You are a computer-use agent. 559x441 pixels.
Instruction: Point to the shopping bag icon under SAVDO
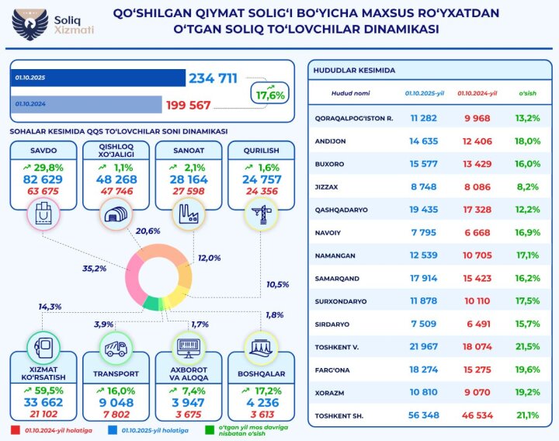pos(43,212)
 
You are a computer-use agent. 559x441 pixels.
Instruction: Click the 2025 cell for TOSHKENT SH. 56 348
pos(425,416)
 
